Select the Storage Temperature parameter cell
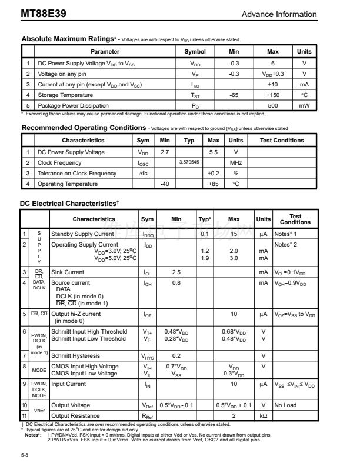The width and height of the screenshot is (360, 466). pos(65,95)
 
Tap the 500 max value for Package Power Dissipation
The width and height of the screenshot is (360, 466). pos(273,105)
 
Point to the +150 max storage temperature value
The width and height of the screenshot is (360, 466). pos(273,95)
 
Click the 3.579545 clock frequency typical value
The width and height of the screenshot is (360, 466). pos(189,162)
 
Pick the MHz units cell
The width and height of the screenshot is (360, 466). pos(236,162)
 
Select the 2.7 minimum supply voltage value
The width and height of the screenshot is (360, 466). pos(165,152)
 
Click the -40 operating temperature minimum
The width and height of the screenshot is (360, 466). pos(165,184)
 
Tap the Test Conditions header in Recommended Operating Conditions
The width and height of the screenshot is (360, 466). pos(282,141)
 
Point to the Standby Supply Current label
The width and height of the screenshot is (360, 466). pos(82,234)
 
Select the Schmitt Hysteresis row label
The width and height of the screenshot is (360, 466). pos(79,355)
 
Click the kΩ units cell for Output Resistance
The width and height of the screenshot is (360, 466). pos(264,415)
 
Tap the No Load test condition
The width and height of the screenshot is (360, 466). pos(285,405)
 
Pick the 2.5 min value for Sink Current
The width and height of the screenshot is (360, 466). pos(176,272)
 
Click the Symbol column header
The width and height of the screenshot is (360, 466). pos(195,52)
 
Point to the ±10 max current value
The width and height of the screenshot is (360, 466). pos(273,84)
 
